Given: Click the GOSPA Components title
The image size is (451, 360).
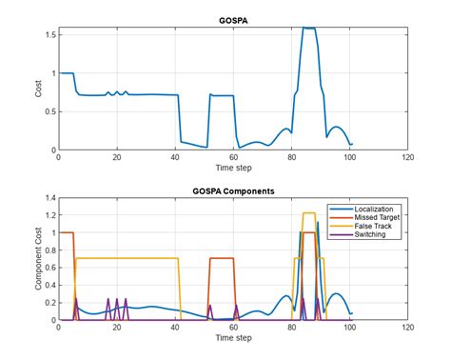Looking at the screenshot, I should click(x=233, y=190).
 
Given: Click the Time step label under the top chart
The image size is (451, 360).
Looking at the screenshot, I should click(x=233, y=170).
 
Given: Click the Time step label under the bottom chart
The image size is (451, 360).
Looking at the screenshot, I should click(x=233, y=339).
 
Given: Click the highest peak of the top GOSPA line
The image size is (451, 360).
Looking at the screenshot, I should click(x=308, y=29).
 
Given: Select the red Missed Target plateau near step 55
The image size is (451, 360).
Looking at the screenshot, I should click(x=221, y=258).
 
